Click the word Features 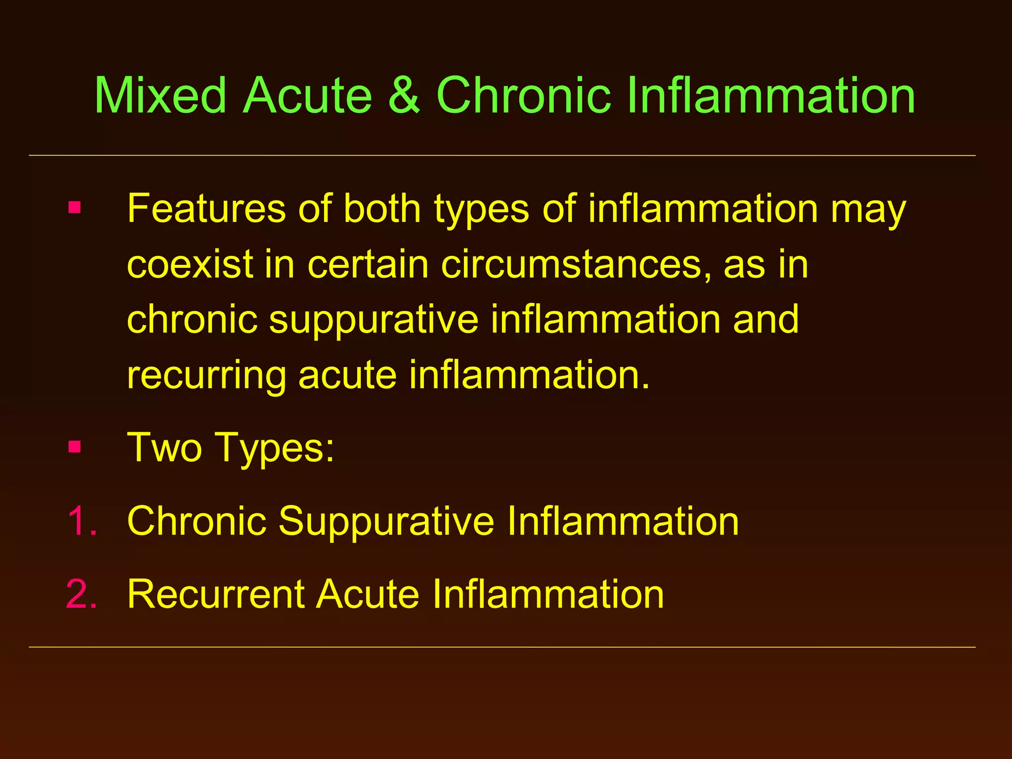pos(206,209)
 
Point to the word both pos(382,209)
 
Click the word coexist pos(190,264)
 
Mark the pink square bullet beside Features pos(75,207)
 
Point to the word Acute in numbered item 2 pos(368,594)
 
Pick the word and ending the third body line pos(765,320)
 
